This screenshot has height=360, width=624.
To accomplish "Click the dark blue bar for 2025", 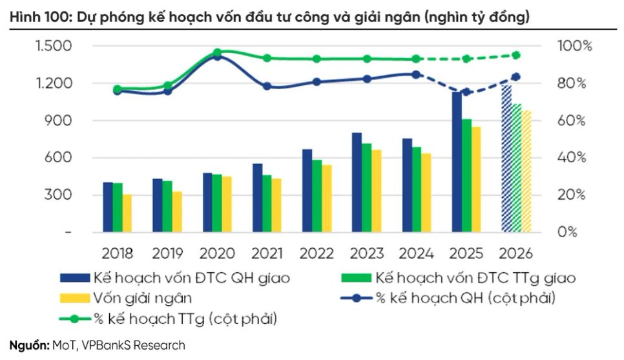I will [457, 162].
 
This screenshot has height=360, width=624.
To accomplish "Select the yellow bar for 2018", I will [127, 213].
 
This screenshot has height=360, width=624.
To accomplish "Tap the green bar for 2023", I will [366, 187].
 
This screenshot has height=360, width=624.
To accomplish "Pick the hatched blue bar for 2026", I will [507, 158].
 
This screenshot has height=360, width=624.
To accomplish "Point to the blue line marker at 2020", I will [217, 56].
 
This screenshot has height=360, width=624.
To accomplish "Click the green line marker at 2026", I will [534, 55].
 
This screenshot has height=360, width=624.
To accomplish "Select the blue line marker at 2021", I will [267, 86].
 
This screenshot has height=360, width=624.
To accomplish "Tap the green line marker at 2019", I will [167, 85].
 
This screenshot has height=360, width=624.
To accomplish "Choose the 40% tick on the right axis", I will [572, 158].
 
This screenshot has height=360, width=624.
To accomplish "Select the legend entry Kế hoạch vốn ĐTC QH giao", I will [174, 279].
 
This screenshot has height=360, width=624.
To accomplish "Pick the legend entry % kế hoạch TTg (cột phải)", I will [174, 318].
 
